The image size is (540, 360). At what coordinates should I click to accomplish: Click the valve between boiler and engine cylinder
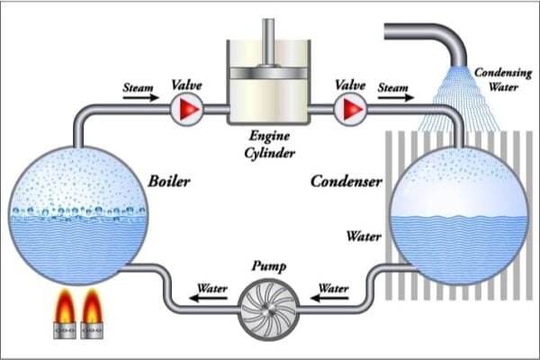tap(186, 110)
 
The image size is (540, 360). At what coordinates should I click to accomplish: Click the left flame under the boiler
tap(66, 310)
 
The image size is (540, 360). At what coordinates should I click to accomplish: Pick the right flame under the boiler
tap(94, 310)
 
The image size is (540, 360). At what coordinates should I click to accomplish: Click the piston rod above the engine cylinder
tap(267, 40)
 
